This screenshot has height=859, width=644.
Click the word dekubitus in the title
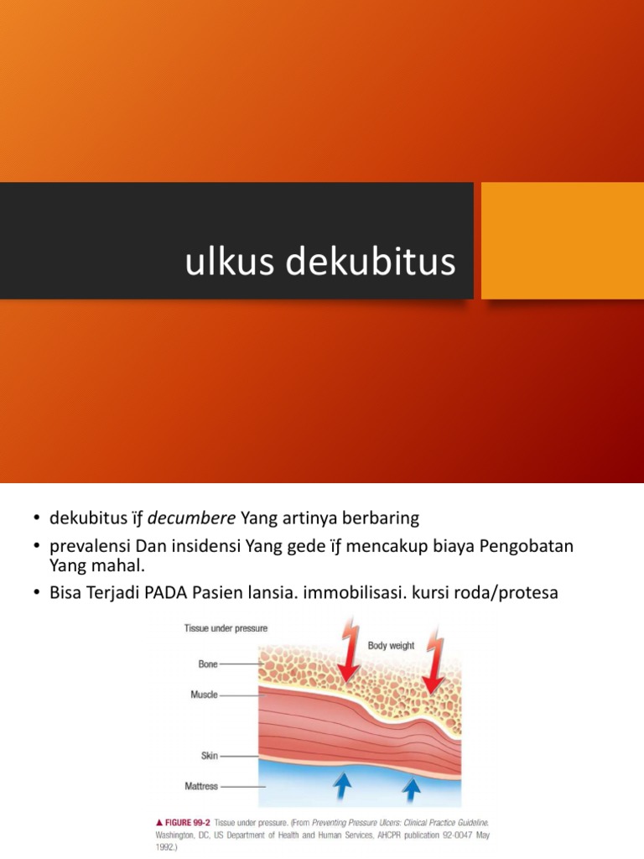[371, 263]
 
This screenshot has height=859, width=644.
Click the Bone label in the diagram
[207, 664]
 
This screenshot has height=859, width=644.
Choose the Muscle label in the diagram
[203, 694]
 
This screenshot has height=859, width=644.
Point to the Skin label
[208, 756]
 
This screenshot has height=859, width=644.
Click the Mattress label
[200, 787]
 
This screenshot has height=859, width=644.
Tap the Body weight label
[391, 646]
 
